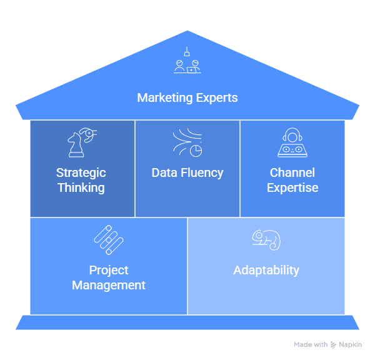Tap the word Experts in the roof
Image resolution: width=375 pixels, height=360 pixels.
point(216,98)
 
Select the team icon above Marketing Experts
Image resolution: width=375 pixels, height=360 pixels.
point(187,62)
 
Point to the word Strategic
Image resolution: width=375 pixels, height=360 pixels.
point(81,172)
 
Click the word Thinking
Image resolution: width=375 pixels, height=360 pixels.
point(81,187)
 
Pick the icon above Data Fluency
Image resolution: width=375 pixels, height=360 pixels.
point(187,142)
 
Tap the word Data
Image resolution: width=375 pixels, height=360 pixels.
point(164,172)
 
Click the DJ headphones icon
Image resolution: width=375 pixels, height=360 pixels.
point(292,142)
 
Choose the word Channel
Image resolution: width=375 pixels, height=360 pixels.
point(292,172)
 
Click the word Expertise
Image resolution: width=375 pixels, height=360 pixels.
point(292,187)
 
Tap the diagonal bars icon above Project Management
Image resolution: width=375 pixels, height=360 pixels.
point(108,239)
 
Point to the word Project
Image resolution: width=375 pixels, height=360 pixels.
point(108,270)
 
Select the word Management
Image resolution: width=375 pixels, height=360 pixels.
point(108,285)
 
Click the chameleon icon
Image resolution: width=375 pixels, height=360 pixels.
point(266,239)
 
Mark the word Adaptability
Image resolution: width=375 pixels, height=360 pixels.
point(266,270)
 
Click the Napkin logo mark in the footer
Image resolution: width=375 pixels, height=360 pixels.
point(334,344)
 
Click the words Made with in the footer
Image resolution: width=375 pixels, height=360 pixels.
point(311,344)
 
